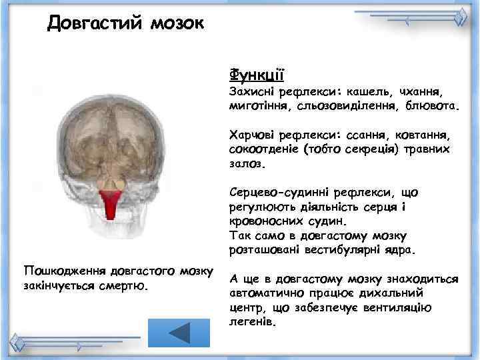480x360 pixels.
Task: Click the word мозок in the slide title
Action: tap(170, 25)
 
